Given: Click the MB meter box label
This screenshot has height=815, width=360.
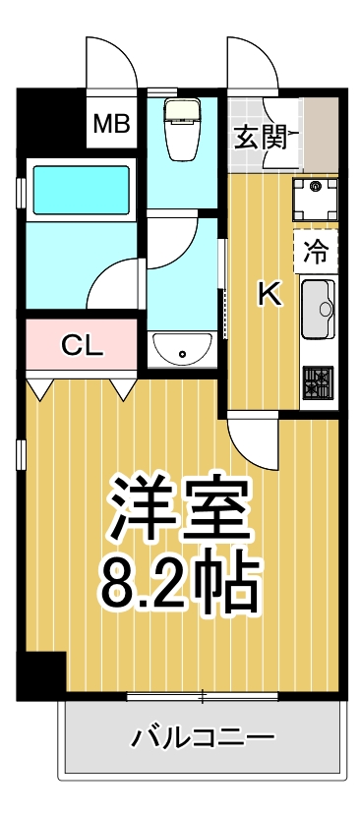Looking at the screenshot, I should (111, 124).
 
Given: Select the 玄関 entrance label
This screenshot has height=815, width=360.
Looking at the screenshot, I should (261, 137).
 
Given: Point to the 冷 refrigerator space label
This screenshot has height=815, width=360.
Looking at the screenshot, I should (316, 252).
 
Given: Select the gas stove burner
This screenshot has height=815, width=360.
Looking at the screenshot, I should (319, 382).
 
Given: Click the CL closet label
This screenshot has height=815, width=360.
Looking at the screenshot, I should (81, 345).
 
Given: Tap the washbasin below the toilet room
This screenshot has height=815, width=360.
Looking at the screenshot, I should (180, 348).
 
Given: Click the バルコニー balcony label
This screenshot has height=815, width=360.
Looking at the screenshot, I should (204, 736).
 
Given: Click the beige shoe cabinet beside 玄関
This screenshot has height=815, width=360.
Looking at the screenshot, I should (321, 134).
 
